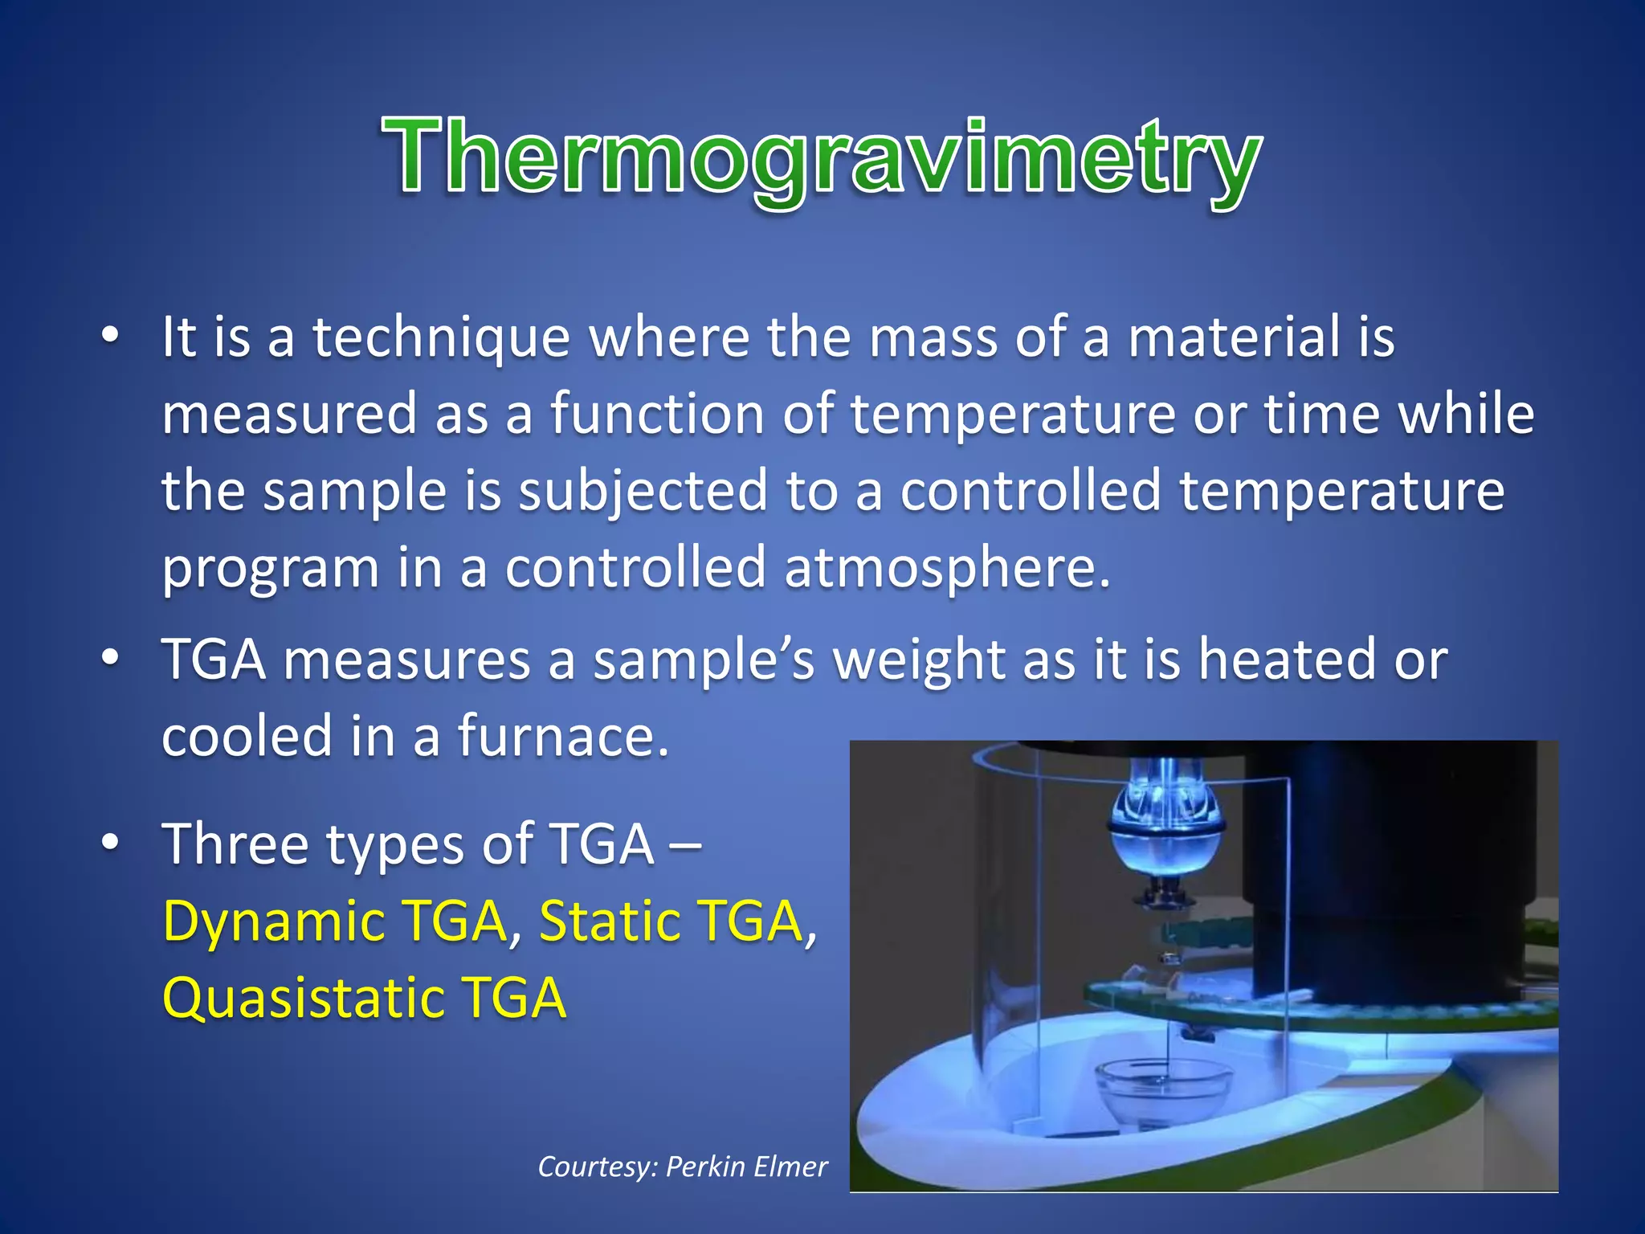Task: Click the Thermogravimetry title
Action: [821, 157]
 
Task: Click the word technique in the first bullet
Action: [441, 338]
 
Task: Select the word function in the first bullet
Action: [656, 415]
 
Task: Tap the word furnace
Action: [562, 737]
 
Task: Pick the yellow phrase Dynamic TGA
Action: [335, 921]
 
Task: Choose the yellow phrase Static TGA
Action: [671, 921]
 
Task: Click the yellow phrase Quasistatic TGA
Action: [364, 999]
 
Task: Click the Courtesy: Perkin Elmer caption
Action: [682, 1167]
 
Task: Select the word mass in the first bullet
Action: [933, 338]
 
